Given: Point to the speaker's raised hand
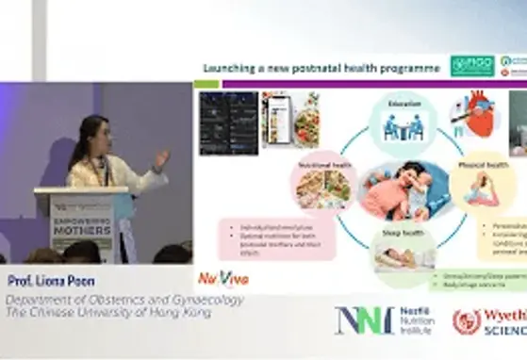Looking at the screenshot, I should tap(160, 158).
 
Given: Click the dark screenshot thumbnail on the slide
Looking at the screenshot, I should tap(228, 123).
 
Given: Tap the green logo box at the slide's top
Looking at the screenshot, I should tap(471, 66).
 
